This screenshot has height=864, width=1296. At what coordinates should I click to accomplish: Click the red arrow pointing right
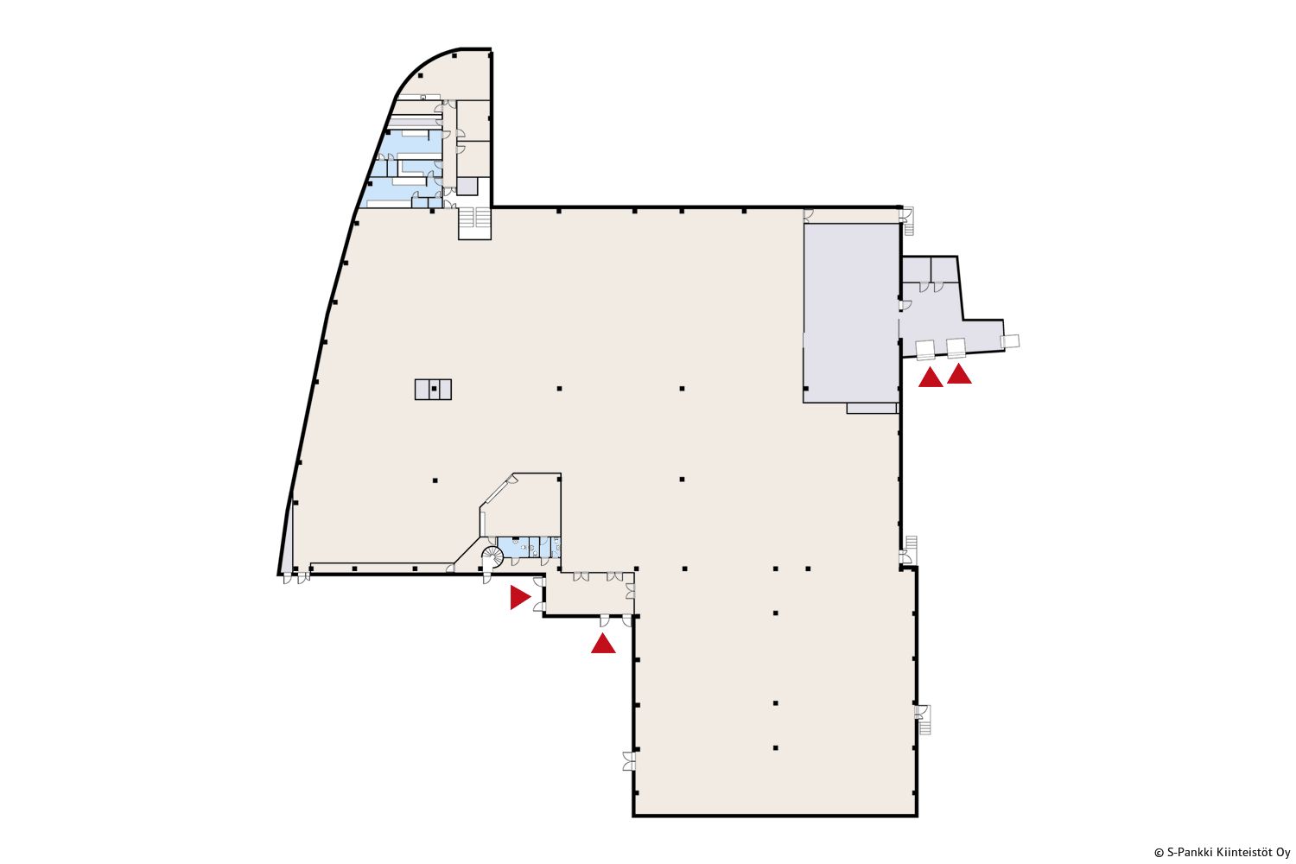[519, 597]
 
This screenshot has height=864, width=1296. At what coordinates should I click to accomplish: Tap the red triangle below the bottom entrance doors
[603, 644]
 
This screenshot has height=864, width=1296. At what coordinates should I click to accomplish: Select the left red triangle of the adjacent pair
[931, 378]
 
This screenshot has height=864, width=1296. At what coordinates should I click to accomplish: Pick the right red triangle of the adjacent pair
[959, 374]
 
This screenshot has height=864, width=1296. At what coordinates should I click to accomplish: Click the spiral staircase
[493, 556]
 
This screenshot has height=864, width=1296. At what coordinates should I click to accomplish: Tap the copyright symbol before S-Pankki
[1159, 853]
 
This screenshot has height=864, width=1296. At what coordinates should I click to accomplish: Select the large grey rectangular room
[851, 313]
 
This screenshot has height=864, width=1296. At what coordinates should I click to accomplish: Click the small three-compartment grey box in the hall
[433, 389]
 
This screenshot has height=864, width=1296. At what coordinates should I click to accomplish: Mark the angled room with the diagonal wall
[521, 505]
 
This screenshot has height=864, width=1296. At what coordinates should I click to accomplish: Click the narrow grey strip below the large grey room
[872, 409]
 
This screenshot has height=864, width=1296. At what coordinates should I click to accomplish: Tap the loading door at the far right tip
[1010, 341]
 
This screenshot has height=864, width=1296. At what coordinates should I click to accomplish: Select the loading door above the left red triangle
[925, 350]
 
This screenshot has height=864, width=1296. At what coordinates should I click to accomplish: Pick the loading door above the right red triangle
[956, 348]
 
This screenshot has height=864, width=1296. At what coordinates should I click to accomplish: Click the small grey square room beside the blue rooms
[467, 187]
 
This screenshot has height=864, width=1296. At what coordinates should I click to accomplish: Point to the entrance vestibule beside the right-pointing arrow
[590, 594]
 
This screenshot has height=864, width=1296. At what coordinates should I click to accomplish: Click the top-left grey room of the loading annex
[917, 270]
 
